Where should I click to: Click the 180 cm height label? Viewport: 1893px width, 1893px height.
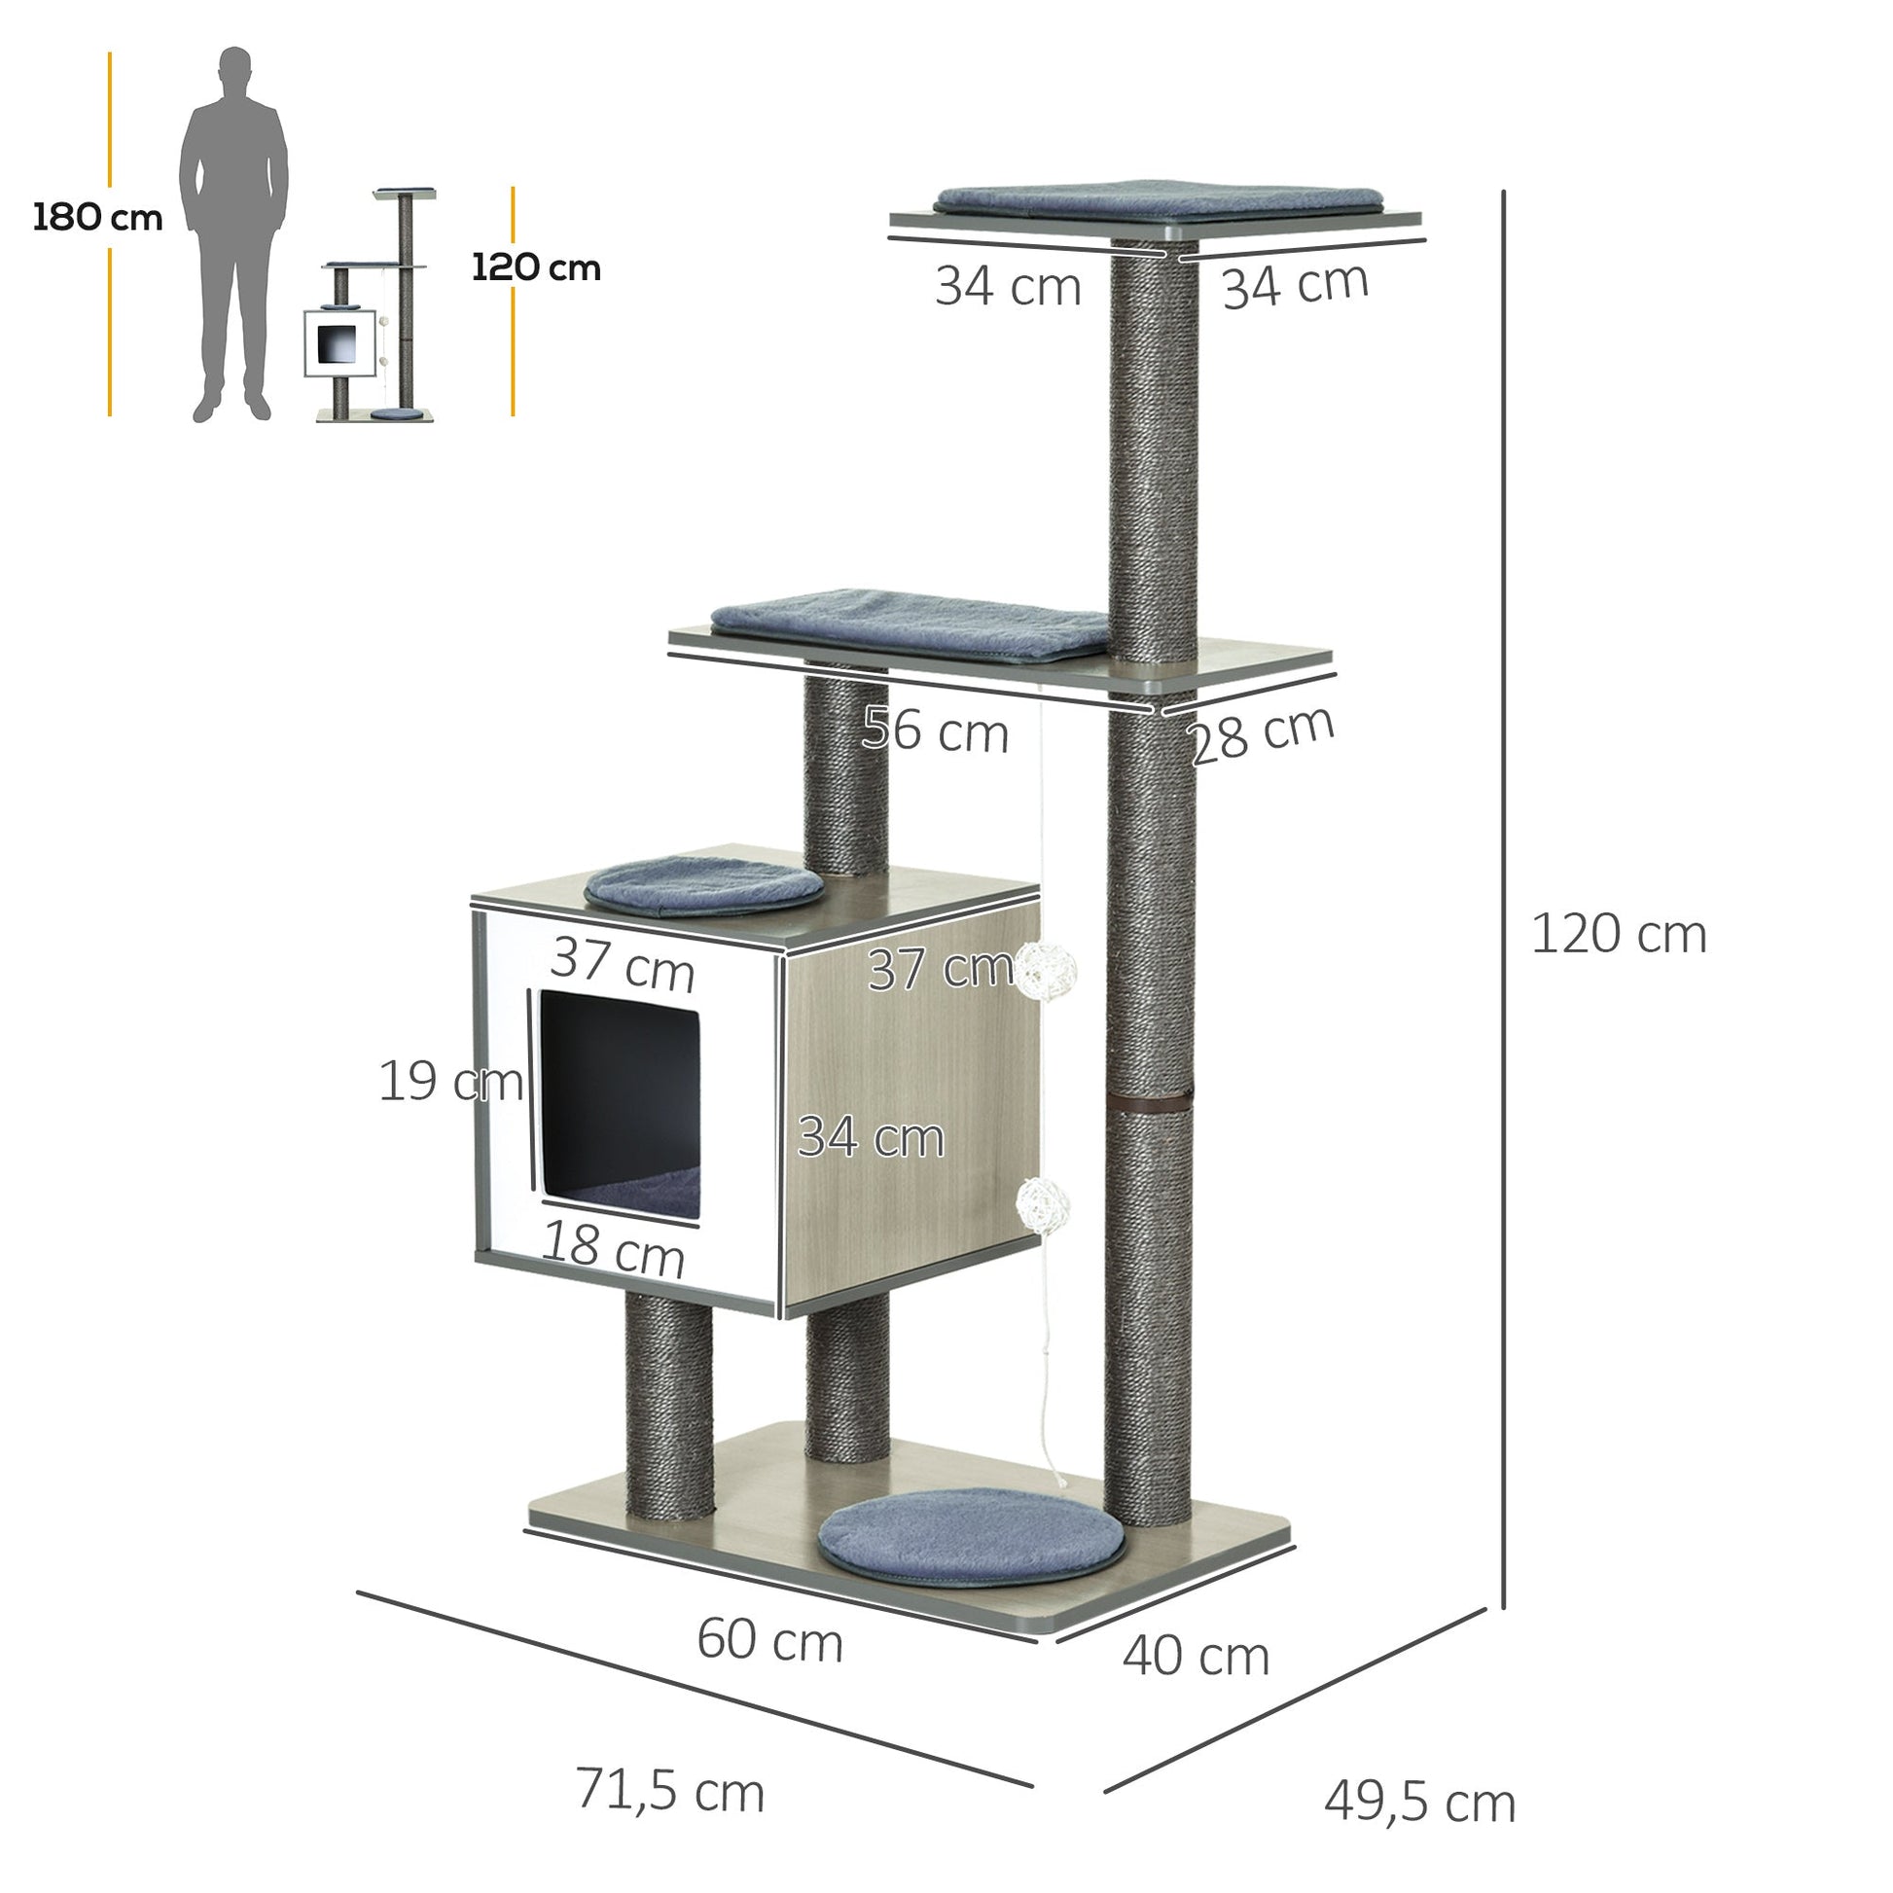pos(98,218)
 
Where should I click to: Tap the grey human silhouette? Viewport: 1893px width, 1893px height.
pos(233,233)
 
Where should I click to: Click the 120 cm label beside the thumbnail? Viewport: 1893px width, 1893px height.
pos(536,268)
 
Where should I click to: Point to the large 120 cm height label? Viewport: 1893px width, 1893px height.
pos(1619,934)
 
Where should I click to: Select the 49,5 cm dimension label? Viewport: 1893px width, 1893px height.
pos(1420,1801)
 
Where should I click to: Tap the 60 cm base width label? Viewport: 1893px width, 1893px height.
pos(769,1640)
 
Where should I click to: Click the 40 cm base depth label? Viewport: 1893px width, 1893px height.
pos(1196,1657)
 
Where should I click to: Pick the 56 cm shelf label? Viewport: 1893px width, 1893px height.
pos(936,731)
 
